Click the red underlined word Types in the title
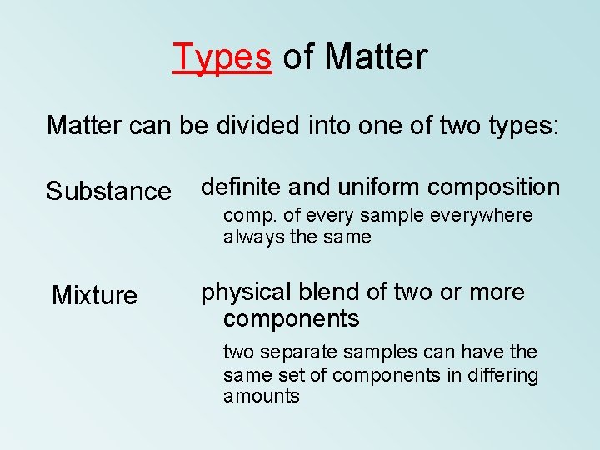222,57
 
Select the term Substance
108,192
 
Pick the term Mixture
94,295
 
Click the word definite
243,187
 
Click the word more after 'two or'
497,292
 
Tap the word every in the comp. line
332,217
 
